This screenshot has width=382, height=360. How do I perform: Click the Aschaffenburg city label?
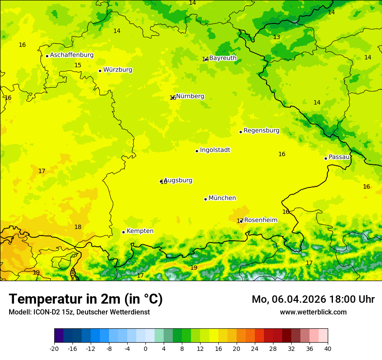[72, 55]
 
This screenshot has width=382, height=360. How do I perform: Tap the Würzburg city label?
[118, 70]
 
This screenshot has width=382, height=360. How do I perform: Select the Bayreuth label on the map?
[223, 58]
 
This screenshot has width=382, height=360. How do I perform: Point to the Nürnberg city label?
[190, 96]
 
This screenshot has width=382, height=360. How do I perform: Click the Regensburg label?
[261, 131]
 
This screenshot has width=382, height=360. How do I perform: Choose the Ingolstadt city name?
[215, 150]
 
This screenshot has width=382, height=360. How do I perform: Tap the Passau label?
[339, 157]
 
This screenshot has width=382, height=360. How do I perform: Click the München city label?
[222, 198]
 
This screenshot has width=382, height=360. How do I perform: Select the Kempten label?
[140, 231]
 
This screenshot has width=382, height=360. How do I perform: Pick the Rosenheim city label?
[260, 220]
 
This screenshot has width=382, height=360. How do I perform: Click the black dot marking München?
[205, 199]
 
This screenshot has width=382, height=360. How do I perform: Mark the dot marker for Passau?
[326, 158]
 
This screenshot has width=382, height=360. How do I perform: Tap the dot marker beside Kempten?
[123, 232]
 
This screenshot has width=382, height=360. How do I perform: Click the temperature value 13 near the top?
[277, 37]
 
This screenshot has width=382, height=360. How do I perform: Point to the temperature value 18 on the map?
[78, 227]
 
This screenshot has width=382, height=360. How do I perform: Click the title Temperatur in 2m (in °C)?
[86, 299]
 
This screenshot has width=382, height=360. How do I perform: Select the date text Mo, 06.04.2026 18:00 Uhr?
[313, 299]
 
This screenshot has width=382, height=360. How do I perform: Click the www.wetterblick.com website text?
[313, 312]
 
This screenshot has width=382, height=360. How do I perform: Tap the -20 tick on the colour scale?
[54, 348]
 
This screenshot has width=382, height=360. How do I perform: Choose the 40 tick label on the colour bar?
[327, 348]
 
